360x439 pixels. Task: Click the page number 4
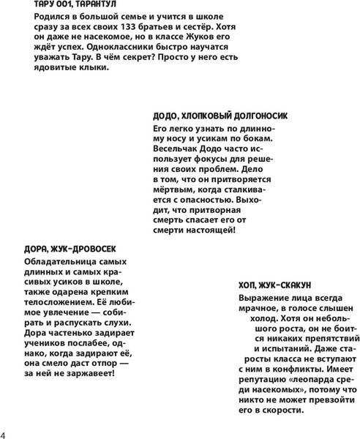pos(4,427)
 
